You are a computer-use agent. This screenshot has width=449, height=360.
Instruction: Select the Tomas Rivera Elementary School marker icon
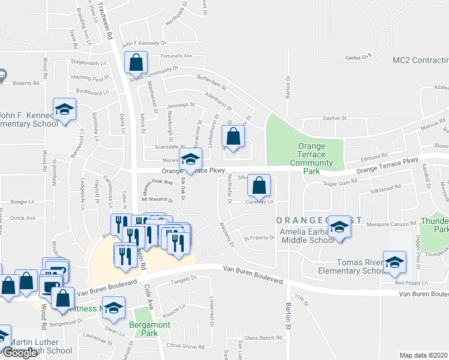394,262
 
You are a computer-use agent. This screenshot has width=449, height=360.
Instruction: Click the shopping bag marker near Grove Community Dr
136,62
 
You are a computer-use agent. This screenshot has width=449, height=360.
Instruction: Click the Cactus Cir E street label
359,57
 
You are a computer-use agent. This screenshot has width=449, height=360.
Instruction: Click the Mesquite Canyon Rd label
391,224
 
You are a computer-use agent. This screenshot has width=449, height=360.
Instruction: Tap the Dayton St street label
336,118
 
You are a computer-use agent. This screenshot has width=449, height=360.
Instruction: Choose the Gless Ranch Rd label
259,338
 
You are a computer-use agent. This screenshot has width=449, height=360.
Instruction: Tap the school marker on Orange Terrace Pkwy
190,159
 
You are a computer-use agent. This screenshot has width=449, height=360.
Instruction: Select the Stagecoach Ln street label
88,61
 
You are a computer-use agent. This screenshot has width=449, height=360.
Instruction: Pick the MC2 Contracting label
420,61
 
